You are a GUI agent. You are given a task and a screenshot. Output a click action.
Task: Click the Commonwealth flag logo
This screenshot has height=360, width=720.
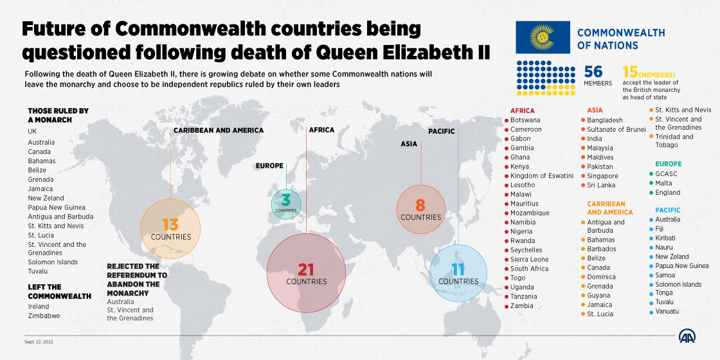[x=542, y=38]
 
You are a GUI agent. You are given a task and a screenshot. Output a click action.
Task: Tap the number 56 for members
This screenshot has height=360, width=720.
[x=593, y=71]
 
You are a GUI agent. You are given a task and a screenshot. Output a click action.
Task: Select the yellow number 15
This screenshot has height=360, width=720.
[x=630, y=71]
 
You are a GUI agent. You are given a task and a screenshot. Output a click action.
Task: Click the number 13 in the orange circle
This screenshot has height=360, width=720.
[x=170, y=224]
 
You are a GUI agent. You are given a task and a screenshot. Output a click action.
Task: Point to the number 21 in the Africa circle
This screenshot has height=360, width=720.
[x=306, y=269]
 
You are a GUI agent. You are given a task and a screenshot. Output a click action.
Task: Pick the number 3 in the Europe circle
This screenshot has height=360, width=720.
[x=286, y=201]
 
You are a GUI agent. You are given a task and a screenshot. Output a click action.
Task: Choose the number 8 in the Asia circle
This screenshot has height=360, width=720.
[x=420, y=205]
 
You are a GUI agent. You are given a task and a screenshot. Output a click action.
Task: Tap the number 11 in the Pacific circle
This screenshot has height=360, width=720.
[x=458, y=269]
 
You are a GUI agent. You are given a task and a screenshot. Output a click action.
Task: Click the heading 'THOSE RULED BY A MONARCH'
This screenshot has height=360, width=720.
[x=58, y=115]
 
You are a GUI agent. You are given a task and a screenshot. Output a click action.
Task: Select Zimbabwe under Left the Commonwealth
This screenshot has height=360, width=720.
[x=44, y=316]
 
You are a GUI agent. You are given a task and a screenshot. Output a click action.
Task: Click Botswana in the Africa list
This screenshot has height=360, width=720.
[x=525, y=120]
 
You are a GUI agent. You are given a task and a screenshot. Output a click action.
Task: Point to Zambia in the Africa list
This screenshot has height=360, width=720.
[x=521, y=306]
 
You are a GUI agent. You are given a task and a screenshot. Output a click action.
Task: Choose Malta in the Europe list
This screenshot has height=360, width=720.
[x=663, y=183]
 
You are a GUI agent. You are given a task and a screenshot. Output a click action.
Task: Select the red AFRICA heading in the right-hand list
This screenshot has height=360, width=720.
[x=522, y=111]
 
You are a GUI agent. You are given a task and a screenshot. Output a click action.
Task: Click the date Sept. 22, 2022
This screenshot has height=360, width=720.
[x=39, y=341]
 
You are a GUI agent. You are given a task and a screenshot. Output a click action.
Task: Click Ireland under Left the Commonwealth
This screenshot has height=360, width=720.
[x=39, y=307]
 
